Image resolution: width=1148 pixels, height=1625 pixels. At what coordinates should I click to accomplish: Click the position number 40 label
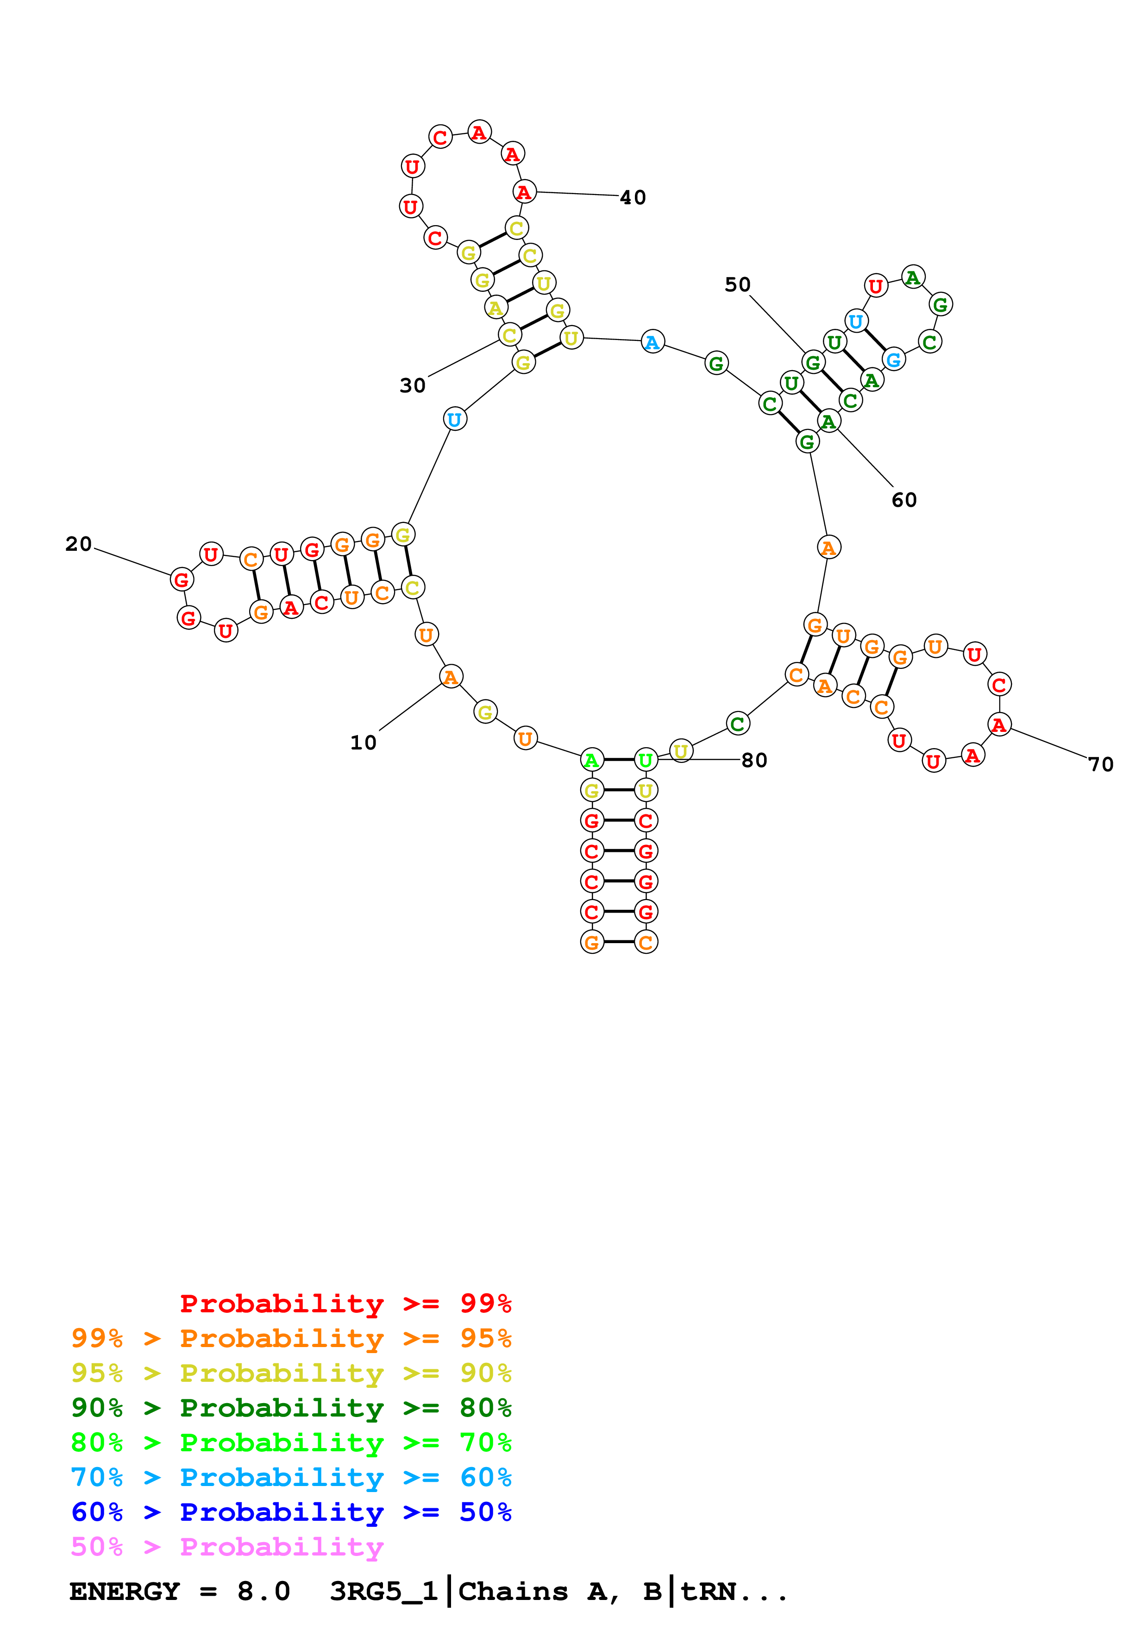pyautogui.click(x=633, y=197)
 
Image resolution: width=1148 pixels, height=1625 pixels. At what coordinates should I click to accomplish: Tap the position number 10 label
pyautogui.click(x=364, y=743)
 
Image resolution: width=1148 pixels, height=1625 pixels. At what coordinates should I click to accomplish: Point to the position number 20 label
pyautogui.click(x=79, y=543)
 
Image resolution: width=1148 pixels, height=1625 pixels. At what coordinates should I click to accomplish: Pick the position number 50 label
pyautogui.click(x=737, y=284)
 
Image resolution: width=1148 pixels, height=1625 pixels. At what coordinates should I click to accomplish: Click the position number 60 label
pyautogui.click(x=903, y=500)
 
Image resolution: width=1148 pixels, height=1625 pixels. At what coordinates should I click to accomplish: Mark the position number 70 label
pyautogui.click(x=1101, y=764)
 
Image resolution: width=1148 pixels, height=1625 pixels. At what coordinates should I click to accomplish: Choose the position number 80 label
pyautogui.click(x=754, y=760)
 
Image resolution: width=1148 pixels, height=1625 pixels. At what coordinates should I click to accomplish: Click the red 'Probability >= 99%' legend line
pyautogui.click(x=345, y=1303)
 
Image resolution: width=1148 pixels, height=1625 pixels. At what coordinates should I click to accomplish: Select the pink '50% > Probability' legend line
pyautogui.click(x=226, y=1546)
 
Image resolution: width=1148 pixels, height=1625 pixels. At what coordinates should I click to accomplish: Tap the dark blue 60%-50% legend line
pyautogui.click(x=291, y=1512)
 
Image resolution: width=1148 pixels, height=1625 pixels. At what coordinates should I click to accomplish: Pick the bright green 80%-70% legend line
pyautogui.click(x=291, y=1442)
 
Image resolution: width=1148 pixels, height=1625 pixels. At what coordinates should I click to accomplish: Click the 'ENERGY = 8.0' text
pyautogui.click(x=180, y=1591)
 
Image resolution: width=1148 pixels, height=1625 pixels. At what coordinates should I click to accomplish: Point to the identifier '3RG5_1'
pyautogui.click(x=384, y=1591)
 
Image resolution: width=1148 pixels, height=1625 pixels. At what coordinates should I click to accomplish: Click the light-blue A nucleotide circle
pyautogui.click(x=652, y=342)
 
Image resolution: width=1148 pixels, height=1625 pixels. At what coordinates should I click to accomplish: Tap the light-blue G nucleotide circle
pyautogui.click(x=893, y=359)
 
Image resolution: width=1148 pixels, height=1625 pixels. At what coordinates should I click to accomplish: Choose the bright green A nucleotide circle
pyautogui.click(x=591, y=760)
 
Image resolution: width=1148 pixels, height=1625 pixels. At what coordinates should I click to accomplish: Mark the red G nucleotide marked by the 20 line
pyautogui.click(x=182, y=579)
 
